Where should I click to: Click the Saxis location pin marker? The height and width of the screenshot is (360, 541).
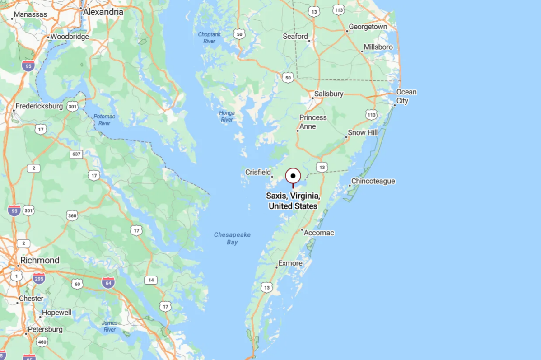(293, 176)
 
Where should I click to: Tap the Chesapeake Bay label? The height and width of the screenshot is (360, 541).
(232, 238)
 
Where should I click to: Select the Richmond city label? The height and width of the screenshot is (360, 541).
(40, 260)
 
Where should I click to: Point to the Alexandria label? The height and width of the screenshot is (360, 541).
(103, 12)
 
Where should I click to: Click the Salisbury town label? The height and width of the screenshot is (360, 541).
(329, 94)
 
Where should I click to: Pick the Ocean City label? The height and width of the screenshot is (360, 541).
(406, 96)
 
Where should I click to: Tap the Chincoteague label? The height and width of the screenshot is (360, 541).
(373, 181)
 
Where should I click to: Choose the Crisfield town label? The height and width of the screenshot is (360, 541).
(258, 172)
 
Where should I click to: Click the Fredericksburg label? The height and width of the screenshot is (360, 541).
(39, 107)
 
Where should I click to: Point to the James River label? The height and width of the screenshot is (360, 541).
(110, 326)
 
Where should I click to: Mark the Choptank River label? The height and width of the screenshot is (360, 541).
(209, 37)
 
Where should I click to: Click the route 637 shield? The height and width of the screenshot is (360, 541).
(76, 154)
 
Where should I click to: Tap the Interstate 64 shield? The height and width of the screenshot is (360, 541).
(108, 283)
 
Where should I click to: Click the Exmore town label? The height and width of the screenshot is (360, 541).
(290, 263)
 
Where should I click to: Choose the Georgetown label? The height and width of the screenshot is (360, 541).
(368, 27)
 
